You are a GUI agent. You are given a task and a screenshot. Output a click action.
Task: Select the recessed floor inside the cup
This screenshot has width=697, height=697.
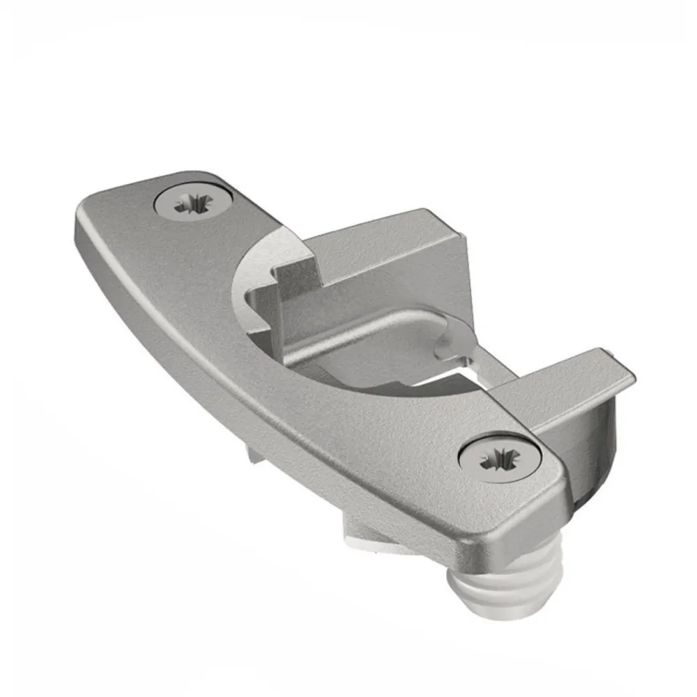[x=376, y=348]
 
